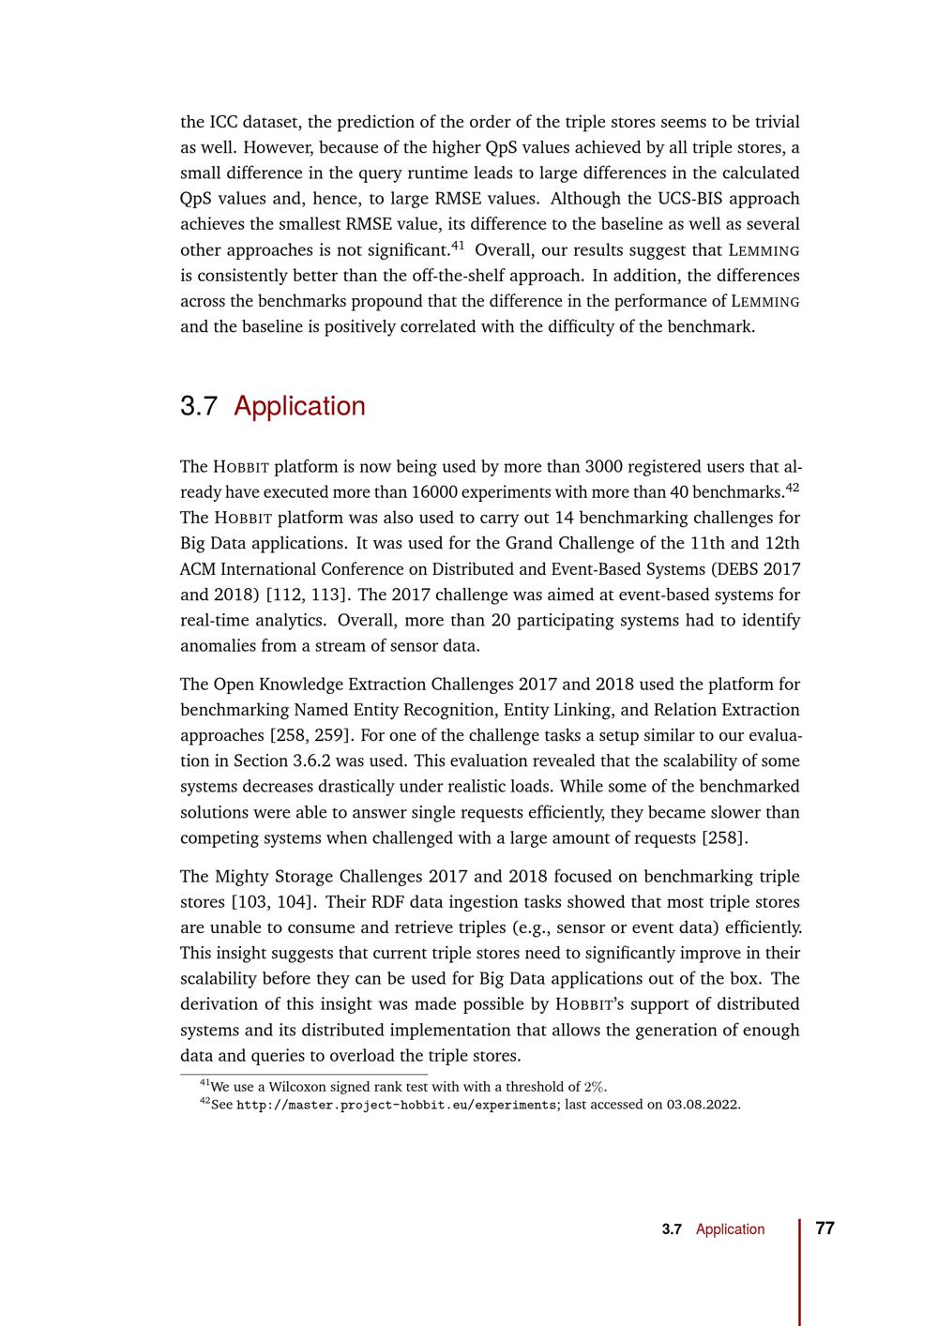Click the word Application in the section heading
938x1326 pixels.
pyautogui.click(x=299, y=406)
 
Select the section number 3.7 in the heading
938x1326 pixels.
pyautogui.click(x=199, y=406)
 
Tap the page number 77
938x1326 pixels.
pyautogui.click(x=825, y=1228)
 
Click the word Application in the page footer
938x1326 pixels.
pyautogui.click(x=730, y=1228)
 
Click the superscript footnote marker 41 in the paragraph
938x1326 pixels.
pyautogui.click(x=458, y=246)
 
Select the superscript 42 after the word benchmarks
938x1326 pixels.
pyautogui.click(x=793, y=487)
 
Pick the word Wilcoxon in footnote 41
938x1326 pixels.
pyautogui.click(x=285, y=1087)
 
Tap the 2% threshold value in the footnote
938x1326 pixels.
pyautogui.click(x=595, y=1087)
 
